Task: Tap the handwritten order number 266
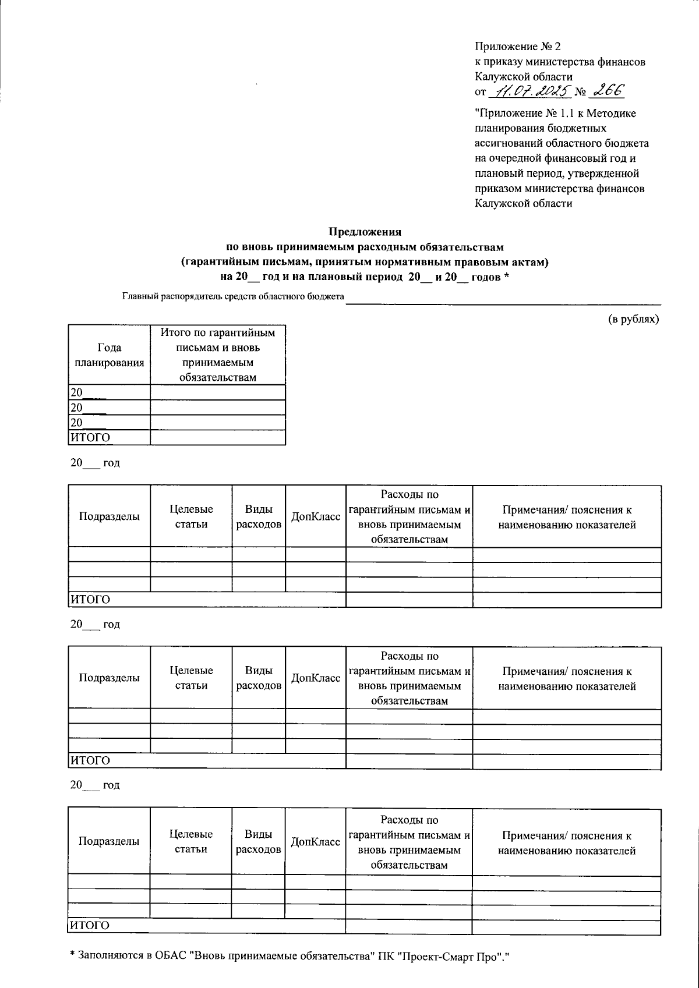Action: pyautogui.click(x=605, y=90)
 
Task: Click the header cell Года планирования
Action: pyautogui.click(x=110, y=355)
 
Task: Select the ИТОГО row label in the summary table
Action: pyautogui.click(x=90, y=437)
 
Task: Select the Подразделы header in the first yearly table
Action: pyautogui.click(x=110, y=516)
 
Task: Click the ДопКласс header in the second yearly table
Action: pyautogui.click(x=316, y=678)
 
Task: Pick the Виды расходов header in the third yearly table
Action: pyautogui.click(x=259, y=842)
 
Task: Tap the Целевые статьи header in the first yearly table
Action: pyautogui.click(x=191, y=516)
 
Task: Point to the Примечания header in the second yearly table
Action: pyautogui.click(x=567, y=679)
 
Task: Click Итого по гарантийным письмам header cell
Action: pyautogui.click(x=218, y=355)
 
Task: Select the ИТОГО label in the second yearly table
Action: pyautogui.click(x=90, y=761)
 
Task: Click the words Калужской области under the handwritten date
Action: pyautogui.click(x=523, y=203)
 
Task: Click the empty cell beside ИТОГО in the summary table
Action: pyautogui.click(x=218, y=437)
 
